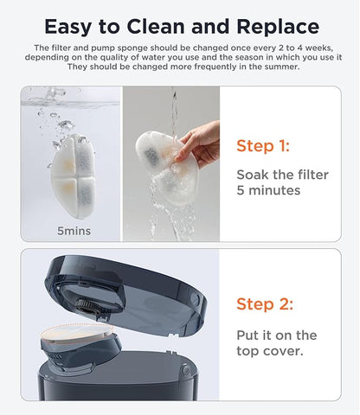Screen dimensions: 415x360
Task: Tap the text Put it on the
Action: (277, 335)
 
